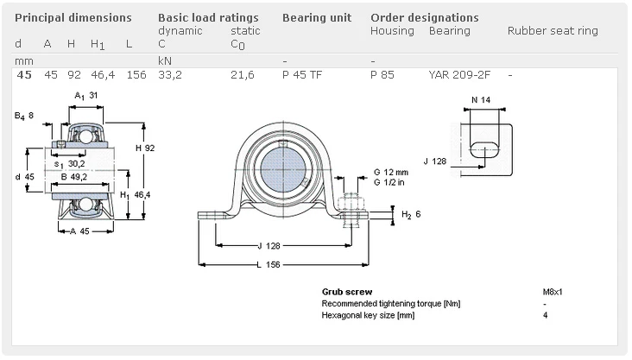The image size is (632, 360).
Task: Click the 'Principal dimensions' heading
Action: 73,17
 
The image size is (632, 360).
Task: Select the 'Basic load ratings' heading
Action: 208,17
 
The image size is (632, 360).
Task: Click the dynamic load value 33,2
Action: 169,75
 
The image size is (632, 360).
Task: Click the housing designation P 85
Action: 382,75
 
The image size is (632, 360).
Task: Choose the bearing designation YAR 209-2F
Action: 459,75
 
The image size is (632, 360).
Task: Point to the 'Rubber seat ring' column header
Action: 553,31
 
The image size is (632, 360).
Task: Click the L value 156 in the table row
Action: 136,75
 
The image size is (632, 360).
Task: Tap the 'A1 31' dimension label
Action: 85,95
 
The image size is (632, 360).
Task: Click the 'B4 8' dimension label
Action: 25,115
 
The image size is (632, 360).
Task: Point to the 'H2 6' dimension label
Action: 410,214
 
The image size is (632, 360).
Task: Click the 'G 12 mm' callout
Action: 389,171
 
